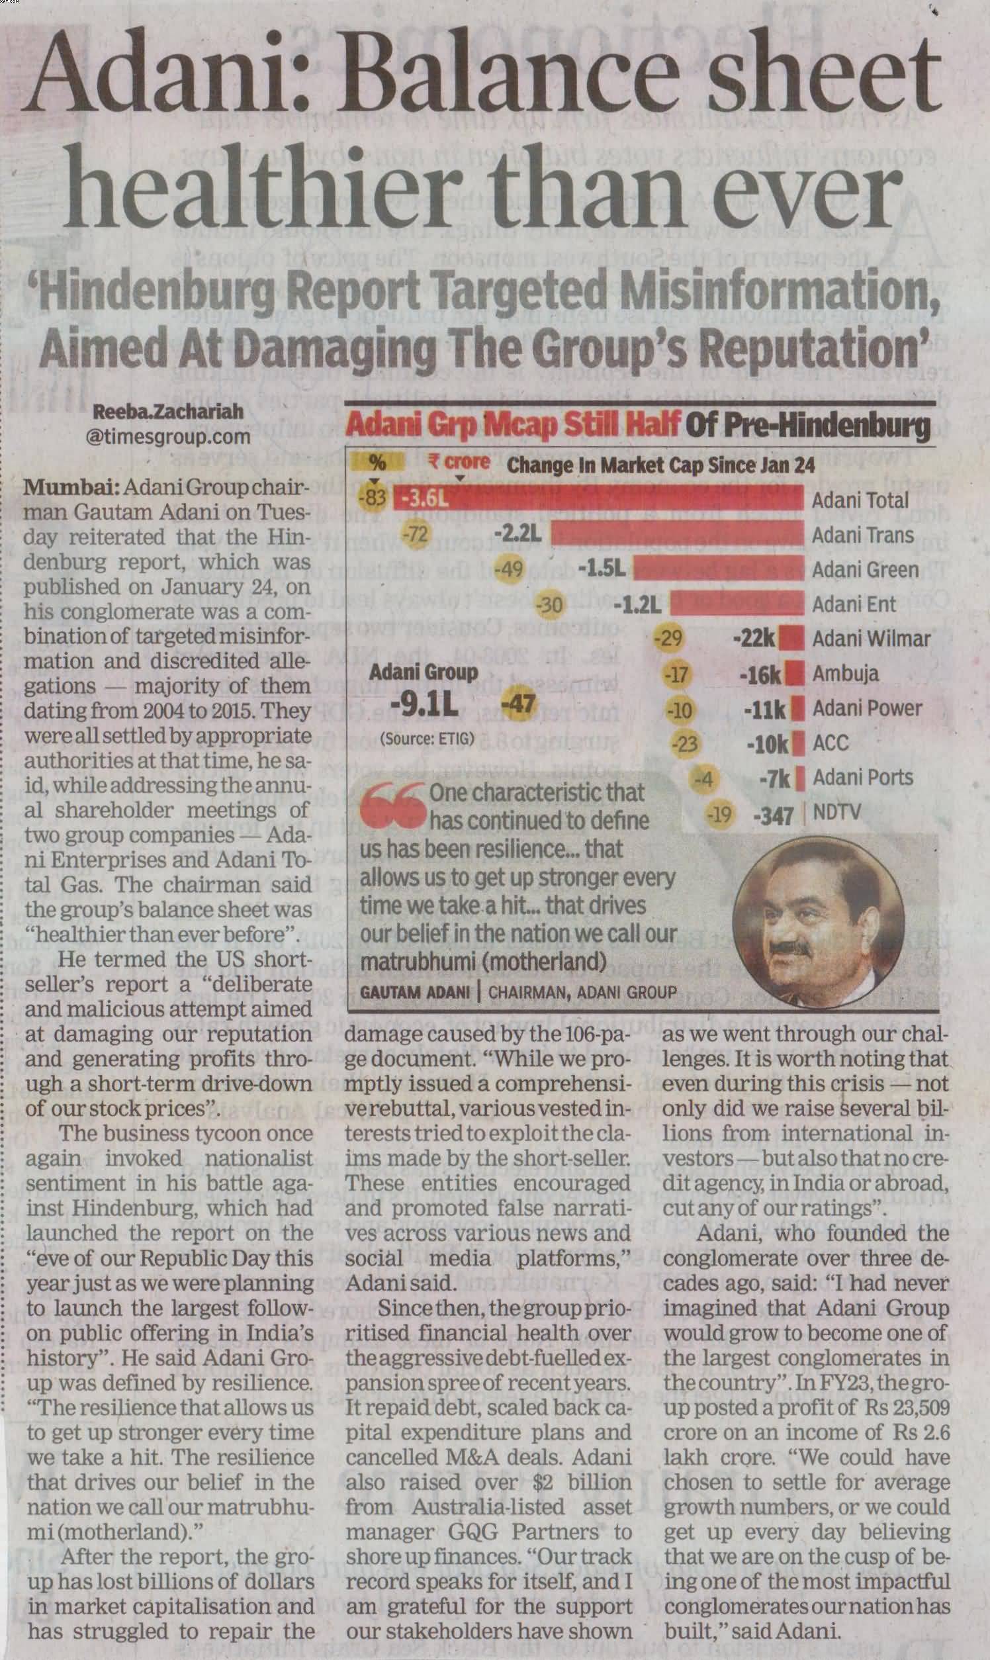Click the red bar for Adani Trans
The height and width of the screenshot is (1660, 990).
(x=677, y=534)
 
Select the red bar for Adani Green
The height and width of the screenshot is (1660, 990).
(x=718, y=569)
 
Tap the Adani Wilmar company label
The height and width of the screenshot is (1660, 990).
(x=871, y=639)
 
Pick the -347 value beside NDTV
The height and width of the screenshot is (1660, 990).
(x=774, y=815)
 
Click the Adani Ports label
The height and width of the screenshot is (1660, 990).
(x=862, y=777)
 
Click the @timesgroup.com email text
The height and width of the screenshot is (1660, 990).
(x=168, y=437)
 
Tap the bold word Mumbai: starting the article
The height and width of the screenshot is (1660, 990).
(x=71, y=488)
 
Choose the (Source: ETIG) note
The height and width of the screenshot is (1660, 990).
(x=427, y=737)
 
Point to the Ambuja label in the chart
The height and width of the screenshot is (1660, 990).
(x=844, y=673)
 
